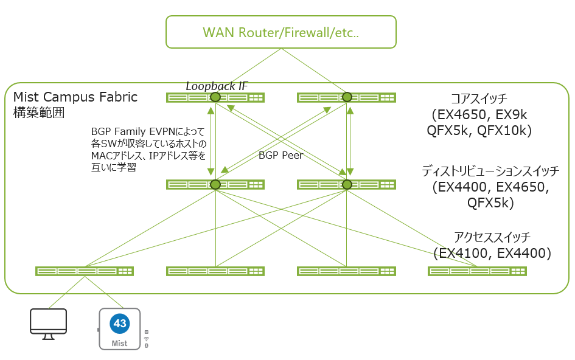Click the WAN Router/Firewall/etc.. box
click(x=281, y=32)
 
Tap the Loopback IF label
click(x=217, y=86)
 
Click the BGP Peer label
click(x=281, y=156)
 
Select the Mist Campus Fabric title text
click(x=75, y=97)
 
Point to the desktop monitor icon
click(x=48, y=323)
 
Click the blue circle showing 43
click(x=120, y=324)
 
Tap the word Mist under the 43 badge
click(x=120, y=344)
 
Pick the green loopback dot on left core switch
click(x=215, y=97)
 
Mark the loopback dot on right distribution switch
click(x=347, y=184)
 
